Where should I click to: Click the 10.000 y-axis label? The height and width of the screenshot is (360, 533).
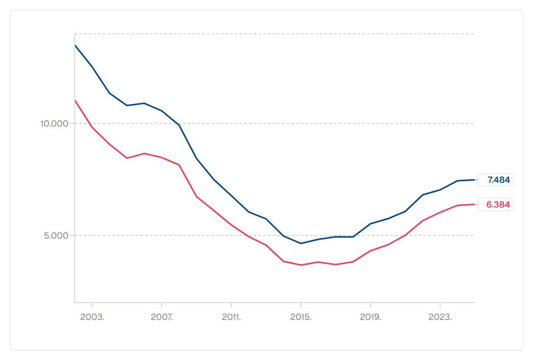(x=54, y=123)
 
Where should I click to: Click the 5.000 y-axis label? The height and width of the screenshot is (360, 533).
(x=56, y=235)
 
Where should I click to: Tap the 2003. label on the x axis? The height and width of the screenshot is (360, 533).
(x=92, y=317)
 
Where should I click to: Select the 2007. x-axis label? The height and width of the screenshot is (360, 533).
(x=162, y=317)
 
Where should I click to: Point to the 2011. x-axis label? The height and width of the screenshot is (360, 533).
(x=231, y=317)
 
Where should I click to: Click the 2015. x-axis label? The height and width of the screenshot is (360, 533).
(x=301, y=317)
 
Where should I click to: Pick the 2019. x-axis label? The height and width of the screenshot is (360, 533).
(x=371, y=317)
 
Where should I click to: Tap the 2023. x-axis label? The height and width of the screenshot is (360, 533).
(x=440, y=317)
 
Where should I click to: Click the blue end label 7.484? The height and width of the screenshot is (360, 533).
(x=498, y=180)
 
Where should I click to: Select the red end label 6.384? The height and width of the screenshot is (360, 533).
(x=498, y=205)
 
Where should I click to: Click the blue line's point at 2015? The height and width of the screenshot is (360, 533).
(x=301, y=243)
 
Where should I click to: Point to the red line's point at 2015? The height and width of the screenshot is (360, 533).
(x=301, y=265)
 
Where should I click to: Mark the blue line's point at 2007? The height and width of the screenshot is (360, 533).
(x=162, y=111)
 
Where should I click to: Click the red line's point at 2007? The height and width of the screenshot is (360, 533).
(x=162, y=158)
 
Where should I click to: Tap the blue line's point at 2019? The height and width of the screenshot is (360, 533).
(x=371, y=224)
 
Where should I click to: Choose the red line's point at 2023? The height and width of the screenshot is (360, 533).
(x=440, y=213)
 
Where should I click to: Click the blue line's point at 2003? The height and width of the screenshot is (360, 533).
(x=92, y=67)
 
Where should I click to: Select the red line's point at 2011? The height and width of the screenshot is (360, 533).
(x=231, y=225)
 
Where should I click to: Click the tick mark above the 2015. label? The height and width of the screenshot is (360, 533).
(x=301, y=305)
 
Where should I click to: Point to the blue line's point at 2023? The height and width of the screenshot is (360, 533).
(x=440, y=190)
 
